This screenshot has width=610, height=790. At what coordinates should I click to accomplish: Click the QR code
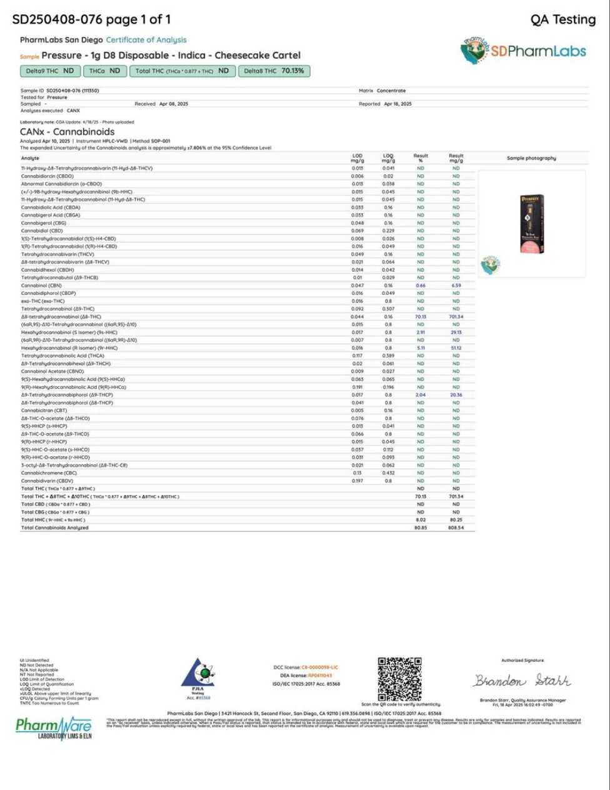pyautogui.click(x=399, y=679)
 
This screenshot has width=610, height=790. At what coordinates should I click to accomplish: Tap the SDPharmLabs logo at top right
pyautogui.click(x=524, y=51)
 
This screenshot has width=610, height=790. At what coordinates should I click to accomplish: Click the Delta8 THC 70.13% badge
pyautogui.click(x=274, y=71)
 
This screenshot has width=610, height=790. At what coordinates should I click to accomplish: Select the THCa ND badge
pyautogui.click(x=104, y=71)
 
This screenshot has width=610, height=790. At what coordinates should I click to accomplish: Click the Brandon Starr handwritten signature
pyautogui.click(x=522, y=681)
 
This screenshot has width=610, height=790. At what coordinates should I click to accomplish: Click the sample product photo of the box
pyautogui.click(x=531, y=224)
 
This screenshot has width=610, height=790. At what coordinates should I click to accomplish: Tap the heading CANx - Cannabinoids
pyautogui.click(x=67, y=132)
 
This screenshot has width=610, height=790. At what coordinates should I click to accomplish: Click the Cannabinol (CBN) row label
pyautogui.click(x=41, y=286)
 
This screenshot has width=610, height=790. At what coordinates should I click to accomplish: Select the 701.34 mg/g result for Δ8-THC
pyautogui.click(x=456, y=317)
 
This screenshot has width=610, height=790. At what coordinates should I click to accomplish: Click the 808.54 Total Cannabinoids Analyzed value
pyautogui.click(x=456, y=528)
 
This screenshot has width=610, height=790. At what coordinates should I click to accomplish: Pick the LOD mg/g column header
pyautogui.click(x=357, y=158)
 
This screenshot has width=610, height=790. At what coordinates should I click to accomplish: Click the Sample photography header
pyautogui.click(x=531, y=158)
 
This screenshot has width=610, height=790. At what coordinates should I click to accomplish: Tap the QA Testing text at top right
pyautogui.click(x=562, y=19)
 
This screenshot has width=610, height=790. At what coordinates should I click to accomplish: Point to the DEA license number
pyautogui.click(x=319, y=676)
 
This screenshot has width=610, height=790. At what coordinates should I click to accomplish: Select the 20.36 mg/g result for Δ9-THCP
pyautogui.click(x=456, y=395)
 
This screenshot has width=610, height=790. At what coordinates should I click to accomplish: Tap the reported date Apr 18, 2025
pyautogui.click(x=397, y=104)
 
